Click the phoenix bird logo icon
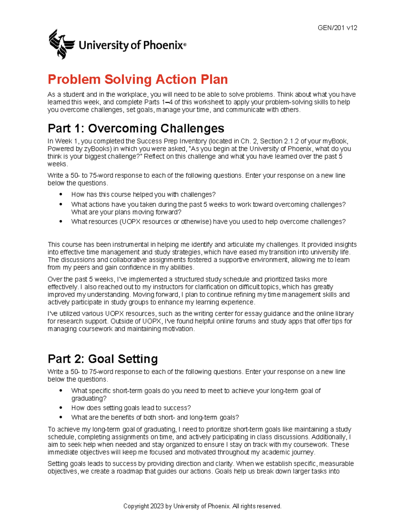tap(61, 44)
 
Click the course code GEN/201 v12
tap(337, 28)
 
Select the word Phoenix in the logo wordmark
tap(163, 45)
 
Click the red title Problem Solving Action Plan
tap(138, 80)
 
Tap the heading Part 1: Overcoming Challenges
tap(136, 128)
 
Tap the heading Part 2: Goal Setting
tap(103, 359)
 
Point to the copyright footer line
tap(202, 506)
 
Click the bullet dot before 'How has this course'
tap(61, 194)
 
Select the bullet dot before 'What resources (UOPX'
tap(61, 222)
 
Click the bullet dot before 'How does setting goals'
tap(61, 408)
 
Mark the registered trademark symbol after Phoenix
tap(185, 44)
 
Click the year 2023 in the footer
tap(157, 506)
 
